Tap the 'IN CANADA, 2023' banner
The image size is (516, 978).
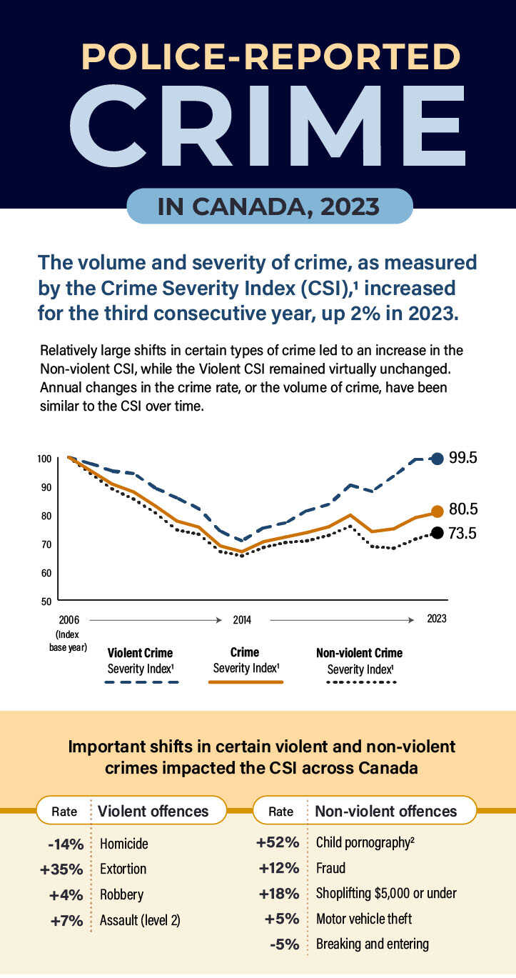(269, 206)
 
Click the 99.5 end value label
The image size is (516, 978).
(463, 458)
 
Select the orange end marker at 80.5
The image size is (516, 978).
(437, 511)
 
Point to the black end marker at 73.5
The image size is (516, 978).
(437, 533)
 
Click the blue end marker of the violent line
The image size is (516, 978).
(437, 459)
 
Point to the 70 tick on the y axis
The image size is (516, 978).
(45, 544)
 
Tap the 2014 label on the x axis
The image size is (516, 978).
(242, 619)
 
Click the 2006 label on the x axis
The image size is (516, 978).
(69, 619)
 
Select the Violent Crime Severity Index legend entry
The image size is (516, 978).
(140, 661)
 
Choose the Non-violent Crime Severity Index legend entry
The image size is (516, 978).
(359, 661)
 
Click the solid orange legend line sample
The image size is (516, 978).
(246, 682)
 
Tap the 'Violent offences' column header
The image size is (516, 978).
(153, 811)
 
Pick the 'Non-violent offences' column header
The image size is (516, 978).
(385, 811)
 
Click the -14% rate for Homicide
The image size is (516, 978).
(66, 844)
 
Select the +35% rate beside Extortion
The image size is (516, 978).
(62, 869)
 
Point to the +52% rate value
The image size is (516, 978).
(278, 842)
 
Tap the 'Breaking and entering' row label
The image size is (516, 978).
(372, 944)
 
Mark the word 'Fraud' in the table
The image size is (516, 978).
(330, 868)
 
